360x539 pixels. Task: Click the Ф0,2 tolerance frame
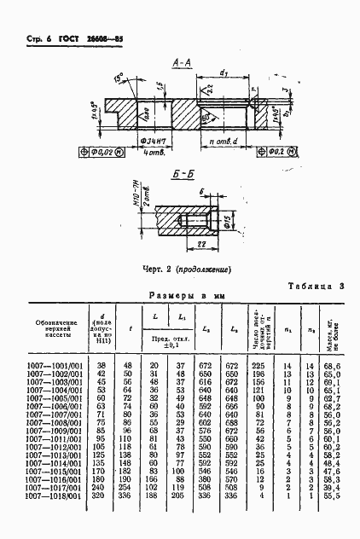click(x=276, y=152)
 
